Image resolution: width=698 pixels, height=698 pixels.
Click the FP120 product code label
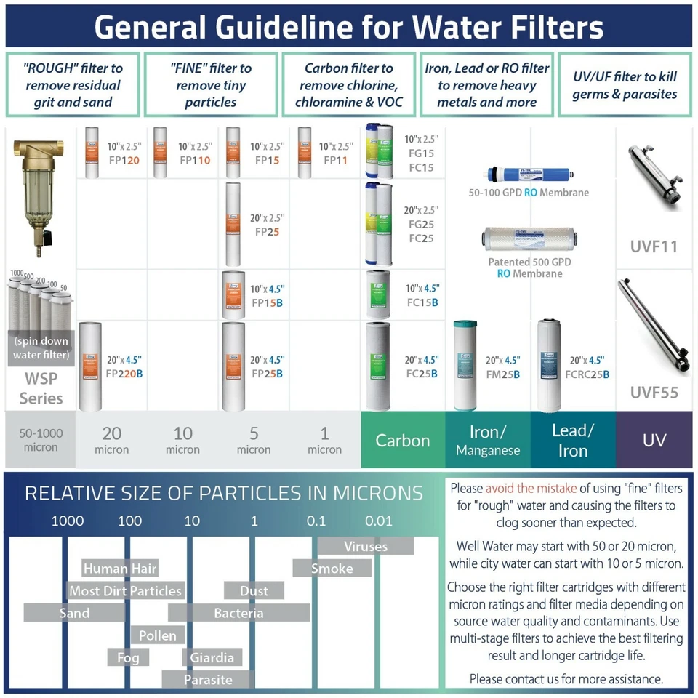(124, 160)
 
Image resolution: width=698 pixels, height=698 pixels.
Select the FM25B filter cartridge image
(468, 365)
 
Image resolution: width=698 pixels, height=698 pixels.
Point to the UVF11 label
(654, 246)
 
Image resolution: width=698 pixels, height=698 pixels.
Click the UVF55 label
(654, 393)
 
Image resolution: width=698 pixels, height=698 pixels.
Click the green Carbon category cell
(403, 440)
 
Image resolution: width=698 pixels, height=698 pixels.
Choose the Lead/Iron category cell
(573, 440)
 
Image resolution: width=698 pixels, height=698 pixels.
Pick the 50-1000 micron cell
(40, 440)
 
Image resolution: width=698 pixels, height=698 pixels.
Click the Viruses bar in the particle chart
(366, 546)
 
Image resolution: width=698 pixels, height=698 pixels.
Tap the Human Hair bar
(120, 569)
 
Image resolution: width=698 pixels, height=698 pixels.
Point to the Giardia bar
(212, 657)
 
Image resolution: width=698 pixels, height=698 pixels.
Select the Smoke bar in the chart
(332, 569)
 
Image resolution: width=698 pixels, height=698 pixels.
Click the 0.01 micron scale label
(379, 521)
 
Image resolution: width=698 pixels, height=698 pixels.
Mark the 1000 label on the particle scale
(67, 521)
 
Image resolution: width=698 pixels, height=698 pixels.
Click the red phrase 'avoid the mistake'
(531, 488)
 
